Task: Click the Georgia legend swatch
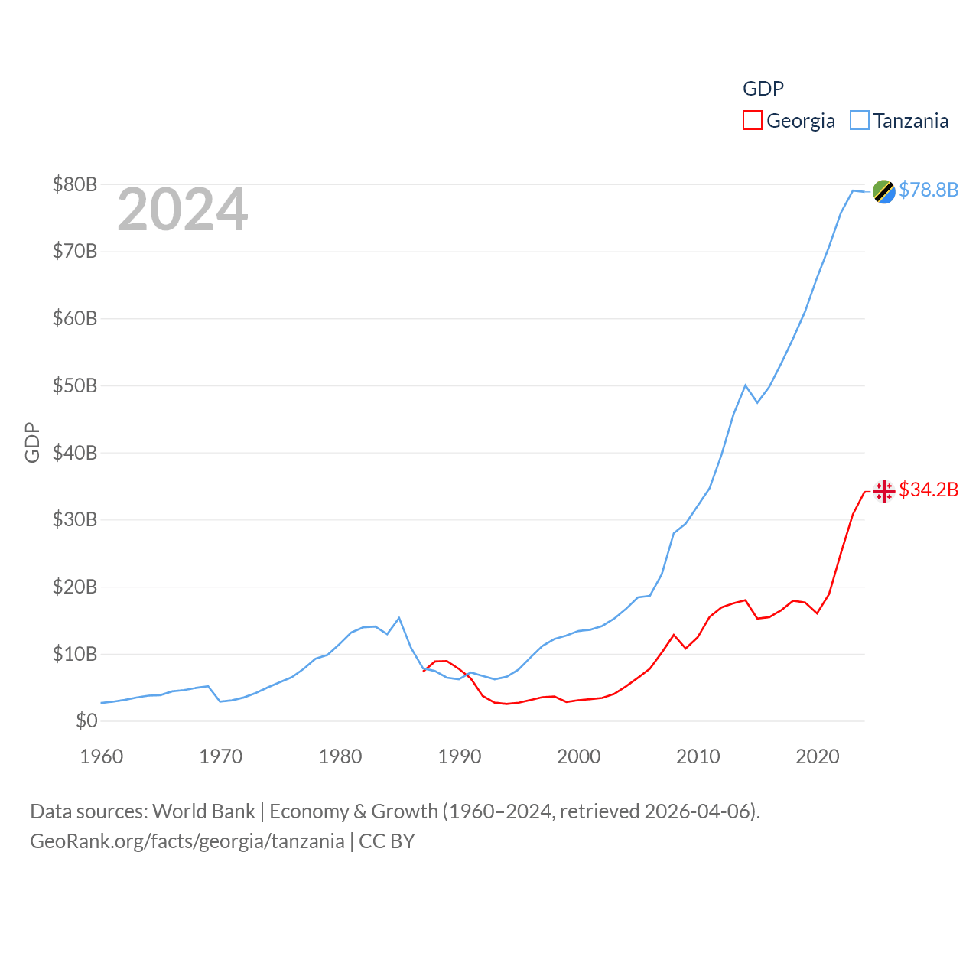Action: coord(753,121)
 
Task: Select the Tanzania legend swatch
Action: coord(860,121)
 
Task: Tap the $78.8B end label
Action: coord(929,190)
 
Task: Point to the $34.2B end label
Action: coord(929,489)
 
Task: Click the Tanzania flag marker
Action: coord(884,191)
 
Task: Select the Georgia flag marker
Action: coord(884,491)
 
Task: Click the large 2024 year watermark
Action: coord(183,210)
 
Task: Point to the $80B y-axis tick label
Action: coord(75,184)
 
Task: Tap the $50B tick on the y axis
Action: coord(75,385)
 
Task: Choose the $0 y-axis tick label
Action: coord(86,720)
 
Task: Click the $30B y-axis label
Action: coord(75,519)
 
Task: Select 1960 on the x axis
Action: coord(102,756)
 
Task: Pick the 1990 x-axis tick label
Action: coord(460,756)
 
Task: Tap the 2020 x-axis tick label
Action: coord(818,756)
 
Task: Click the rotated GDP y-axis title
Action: coord(32,442)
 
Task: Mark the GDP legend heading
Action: coord(763,89)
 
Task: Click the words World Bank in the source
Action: coord(203,811)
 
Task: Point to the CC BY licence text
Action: coord(387,841)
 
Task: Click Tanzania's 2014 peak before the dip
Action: coord(745,385)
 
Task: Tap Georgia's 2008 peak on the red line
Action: coord(674,635)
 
